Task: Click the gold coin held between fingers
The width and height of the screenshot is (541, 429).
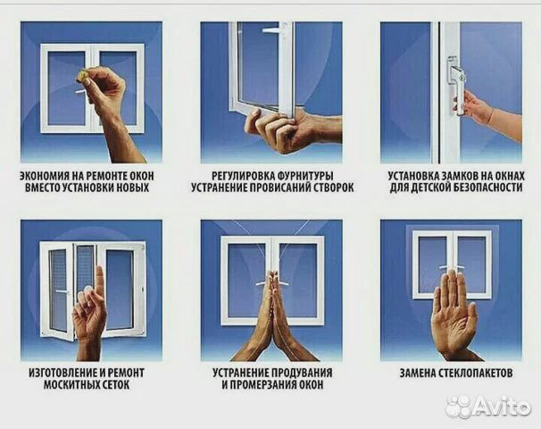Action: [82, 75]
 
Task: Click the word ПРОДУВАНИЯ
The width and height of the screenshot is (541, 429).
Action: [301, 373]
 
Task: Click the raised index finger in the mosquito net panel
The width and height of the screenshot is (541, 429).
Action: [100, 282]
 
